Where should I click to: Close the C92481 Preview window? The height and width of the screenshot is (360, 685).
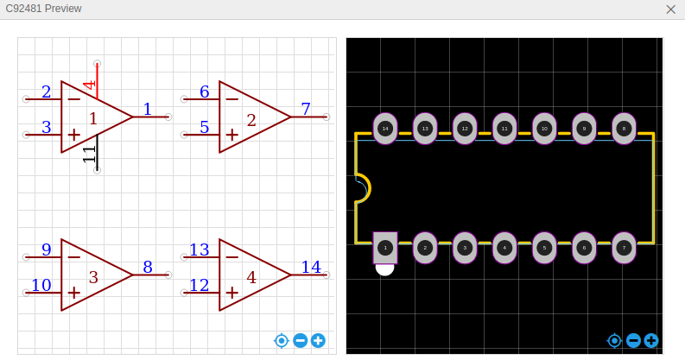[670, 9]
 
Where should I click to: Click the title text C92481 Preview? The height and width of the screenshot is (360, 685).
[44, 9]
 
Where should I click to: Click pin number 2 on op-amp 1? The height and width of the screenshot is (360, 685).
[46, 92]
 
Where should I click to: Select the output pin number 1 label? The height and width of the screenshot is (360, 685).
[147, 110]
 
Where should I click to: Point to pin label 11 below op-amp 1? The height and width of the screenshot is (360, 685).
[90, 155]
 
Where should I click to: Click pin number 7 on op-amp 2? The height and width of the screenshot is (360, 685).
[305, 110]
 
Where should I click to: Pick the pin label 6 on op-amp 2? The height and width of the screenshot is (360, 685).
[204, 92]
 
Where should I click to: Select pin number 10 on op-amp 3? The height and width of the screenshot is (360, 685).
[41, 286]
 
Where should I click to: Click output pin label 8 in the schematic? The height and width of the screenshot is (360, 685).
[147, 268]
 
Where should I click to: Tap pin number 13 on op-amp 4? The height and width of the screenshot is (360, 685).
[200, 250]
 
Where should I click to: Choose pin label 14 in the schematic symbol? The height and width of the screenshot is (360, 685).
[310, 268]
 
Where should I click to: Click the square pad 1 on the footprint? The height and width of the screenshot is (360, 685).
[385, 248]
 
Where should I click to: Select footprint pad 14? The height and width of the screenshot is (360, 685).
[385, 129]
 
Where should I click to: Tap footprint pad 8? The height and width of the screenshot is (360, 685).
[624, 129]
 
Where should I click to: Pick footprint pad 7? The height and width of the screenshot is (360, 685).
[624, 248]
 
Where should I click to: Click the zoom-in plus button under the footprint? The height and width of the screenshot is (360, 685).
[651, 341]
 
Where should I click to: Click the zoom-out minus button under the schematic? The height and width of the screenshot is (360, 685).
[300, 341]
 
